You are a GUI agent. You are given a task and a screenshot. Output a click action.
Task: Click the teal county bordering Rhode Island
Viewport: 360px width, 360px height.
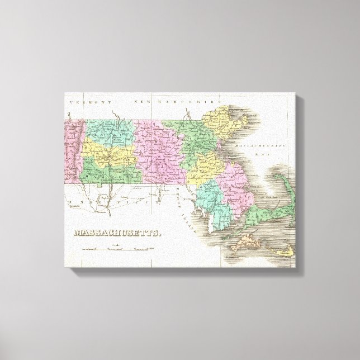coord(215,198)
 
